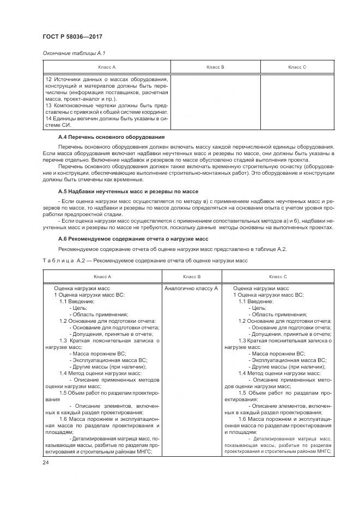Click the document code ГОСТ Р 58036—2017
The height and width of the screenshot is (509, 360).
pos(72,36)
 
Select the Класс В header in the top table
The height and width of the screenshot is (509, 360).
pos(216,67)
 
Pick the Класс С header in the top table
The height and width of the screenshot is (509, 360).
pos(297,67)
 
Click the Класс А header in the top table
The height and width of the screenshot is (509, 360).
pos(107,67)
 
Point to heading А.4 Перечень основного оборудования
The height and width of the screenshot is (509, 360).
pos(111,137)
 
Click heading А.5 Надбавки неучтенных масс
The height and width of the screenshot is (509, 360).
pos(127,192)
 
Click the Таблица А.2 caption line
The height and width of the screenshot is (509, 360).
pos(145,260)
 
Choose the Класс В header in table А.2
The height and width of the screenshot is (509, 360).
pos(191,277)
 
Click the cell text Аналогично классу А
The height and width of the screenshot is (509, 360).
pos(191,288)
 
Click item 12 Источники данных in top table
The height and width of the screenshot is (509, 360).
pos(107,80)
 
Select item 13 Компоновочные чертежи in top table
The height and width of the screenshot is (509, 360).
pos(107,105)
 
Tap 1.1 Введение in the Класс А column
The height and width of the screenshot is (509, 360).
pos(77,301)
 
